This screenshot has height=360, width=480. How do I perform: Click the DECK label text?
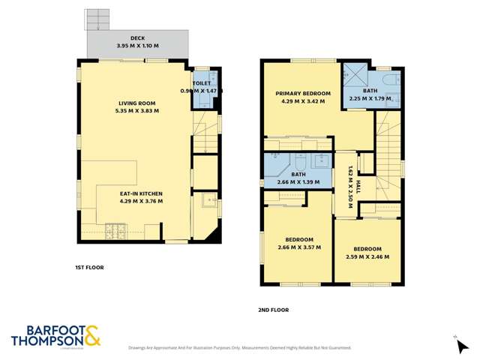tap(137, 37)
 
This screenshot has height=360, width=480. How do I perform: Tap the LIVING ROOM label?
tap(136, 103)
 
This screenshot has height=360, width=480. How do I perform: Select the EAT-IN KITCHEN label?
tap(136, 193)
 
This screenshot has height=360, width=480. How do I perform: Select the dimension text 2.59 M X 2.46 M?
tap(367, 256)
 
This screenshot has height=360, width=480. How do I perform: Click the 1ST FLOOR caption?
tap(89, 268)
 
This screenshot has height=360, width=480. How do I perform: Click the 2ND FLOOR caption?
tap(273, 310)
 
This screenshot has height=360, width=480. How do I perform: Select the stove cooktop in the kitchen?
tap(117, 229)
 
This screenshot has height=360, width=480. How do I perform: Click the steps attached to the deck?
tap(97, 19)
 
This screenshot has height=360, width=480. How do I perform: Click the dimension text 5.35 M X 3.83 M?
tap(136, 111)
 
